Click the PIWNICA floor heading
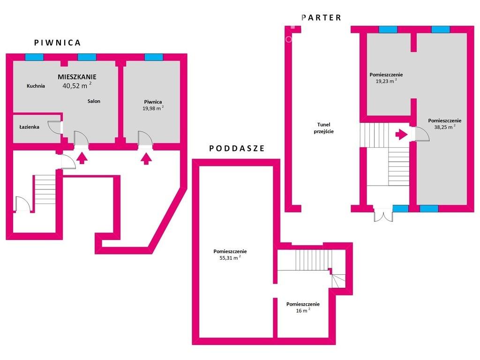[x=57, y=43]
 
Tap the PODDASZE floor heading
[x=237, y=149]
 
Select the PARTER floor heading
[x=321, y=18]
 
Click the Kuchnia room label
[x=36, y=86]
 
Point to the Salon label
[x=94, y=101]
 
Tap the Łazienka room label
[x=30, y=127]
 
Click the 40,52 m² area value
[x=77, y=85]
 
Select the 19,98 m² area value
[x=153, y=108]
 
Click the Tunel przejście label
[x=323, y=128]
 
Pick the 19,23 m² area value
[x=386, y=81]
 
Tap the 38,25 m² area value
[x=445, y=127]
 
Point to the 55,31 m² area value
[x=230, y=258]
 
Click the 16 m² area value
[x=303, y=310]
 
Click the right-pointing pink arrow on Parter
[x=401, y=134]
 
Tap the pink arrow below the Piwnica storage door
[x=146, y=159]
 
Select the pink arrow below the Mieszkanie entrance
[x=82, y=158]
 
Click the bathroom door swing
[x=55, y=127]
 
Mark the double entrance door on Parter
[x=383, y=215]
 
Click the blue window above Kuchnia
[x=34, y=57]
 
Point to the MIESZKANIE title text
[x=77, y=77]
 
